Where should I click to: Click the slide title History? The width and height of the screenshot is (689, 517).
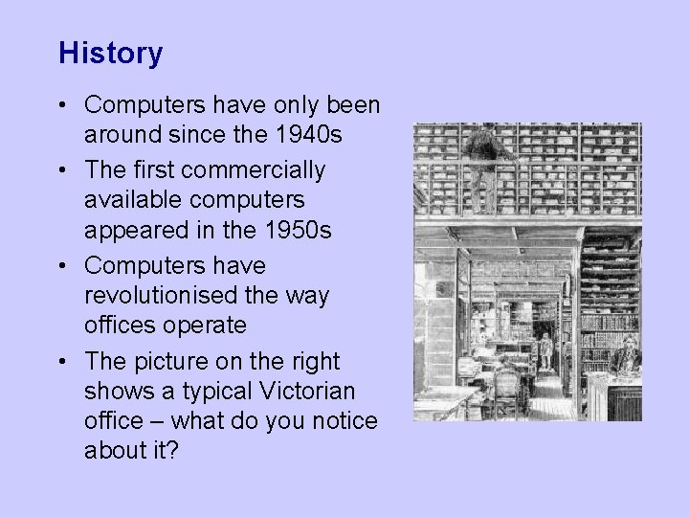110,53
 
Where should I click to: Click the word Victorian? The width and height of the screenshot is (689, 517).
302,391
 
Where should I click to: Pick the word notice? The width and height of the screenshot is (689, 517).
343,421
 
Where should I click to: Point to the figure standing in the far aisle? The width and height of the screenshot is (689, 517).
546,350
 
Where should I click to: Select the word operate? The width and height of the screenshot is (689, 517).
207,326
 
